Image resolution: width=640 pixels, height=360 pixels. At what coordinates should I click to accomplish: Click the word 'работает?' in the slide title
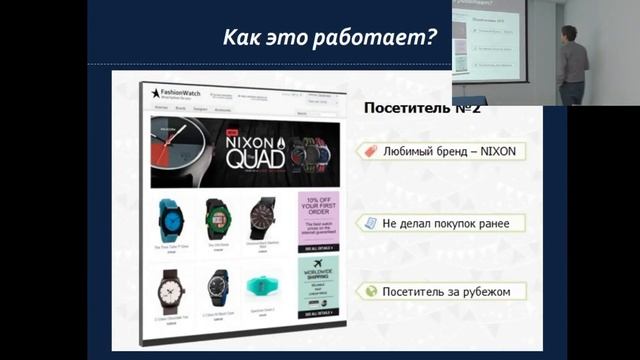pyautogui.click(x=384, y=40)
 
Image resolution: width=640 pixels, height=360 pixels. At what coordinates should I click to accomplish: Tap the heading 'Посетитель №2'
pyautogui.click(x=420, y=108)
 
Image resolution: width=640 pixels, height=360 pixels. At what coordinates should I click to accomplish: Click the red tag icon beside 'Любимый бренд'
pyautogui.click(x=371, y=151)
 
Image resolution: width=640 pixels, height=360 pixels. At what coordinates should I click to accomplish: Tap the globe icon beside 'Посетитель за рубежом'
pyautogui.click(x=371, y=291)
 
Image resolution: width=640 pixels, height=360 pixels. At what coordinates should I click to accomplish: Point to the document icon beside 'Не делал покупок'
pyautogui.click(x=371, y=222)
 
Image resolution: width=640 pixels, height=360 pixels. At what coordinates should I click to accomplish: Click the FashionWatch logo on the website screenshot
pyautogui.click(x=176, y=95)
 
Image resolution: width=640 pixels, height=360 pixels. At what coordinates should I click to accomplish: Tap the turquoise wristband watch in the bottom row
pyautogui.click(x=262, y=286)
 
